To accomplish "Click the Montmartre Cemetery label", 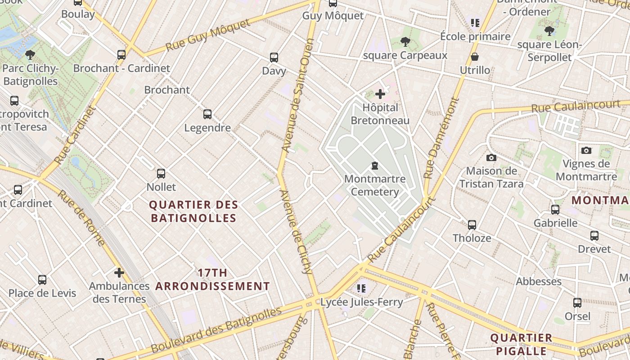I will click(374, 185).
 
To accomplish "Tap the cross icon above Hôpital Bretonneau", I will click(380, 94).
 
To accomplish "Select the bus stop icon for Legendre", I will click(207, 114).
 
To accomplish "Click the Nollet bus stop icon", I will click(161, 174).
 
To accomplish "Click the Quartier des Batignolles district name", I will click(193, 211).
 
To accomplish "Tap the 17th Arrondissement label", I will click(212, 279).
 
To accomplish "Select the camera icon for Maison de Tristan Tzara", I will click(491, 157).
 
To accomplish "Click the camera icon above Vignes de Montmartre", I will click(586, 151).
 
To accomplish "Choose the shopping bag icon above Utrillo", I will click(475, 57).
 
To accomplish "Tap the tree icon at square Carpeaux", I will click(405, 42).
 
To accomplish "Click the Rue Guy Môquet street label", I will click(207, 35).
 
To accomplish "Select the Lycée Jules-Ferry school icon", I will click(361, 288).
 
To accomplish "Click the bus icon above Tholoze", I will click(472, 225).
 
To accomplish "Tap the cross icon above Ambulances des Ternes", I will click(119, 273).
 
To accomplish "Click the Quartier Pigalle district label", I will click(521, 344).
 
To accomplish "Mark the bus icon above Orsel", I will click(577, 303).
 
